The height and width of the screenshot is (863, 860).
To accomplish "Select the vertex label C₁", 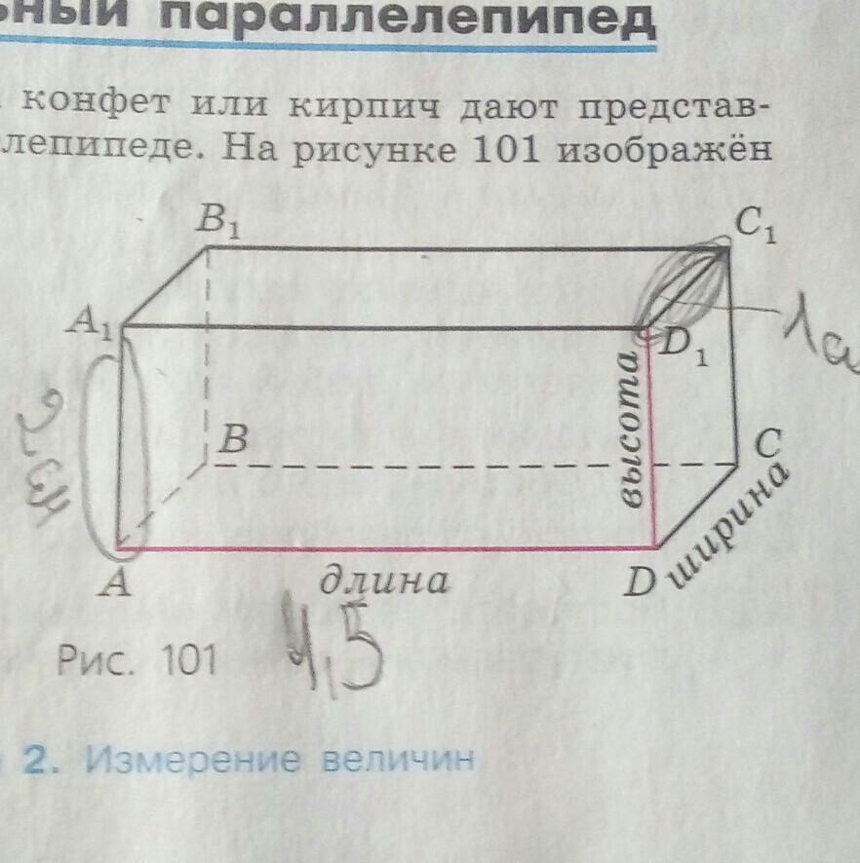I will point(757,229).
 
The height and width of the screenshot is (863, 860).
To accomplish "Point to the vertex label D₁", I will point(685,346).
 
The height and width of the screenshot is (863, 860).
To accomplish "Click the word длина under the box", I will point(386,581).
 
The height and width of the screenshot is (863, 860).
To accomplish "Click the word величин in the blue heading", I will point(395,760).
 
